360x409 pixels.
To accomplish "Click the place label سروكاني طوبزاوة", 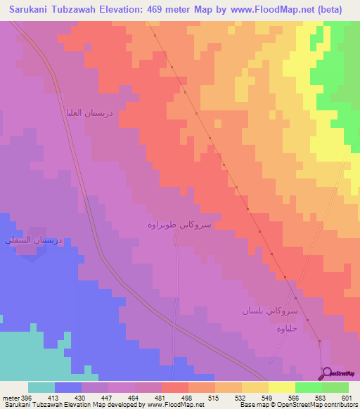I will [179, 225].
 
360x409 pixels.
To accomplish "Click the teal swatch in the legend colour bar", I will [41, 387].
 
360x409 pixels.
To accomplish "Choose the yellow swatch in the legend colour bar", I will [281, 387].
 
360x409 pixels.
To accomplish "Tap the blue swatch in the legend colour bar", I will [68, 387].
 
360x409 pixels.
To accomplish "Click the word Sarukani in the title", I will [26, 9].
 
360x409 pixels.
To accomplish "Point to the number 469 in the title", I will [157, 9].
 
